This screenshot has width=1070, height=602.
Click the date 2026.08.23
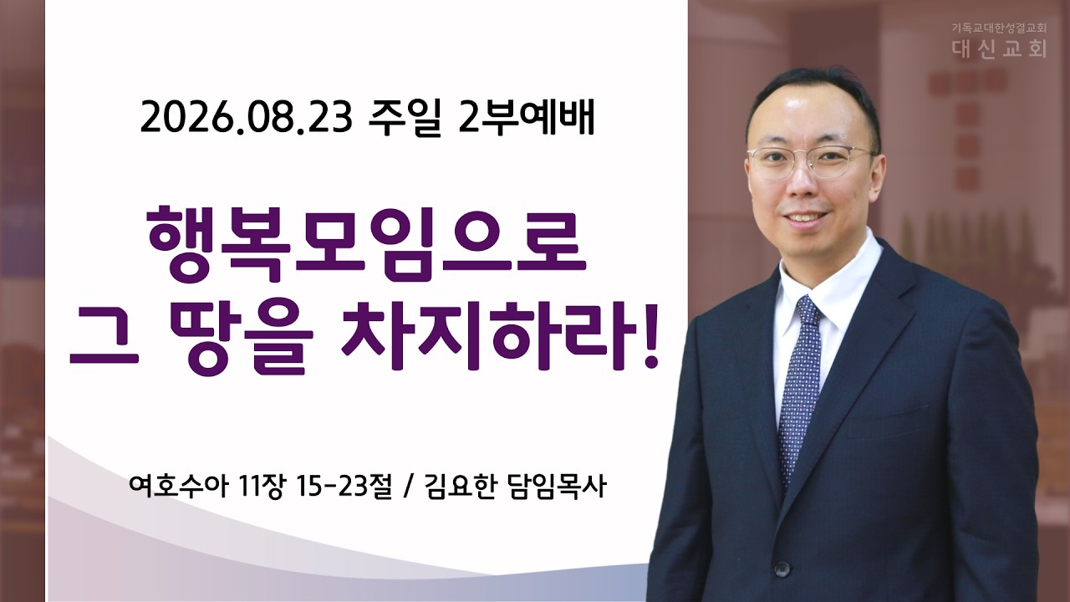246,118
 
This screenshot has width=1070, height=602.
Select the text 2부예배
526,118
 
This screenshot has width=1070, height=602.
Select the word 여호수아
177,487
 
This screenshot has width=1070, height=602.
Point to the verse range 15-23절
344,487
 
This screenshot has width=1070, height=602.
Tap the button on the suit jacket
782,569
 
